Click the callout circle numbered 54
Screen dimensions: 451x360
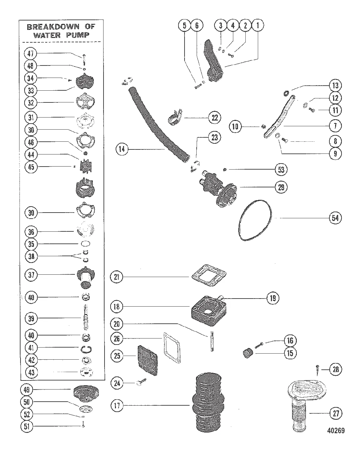click(335, 218)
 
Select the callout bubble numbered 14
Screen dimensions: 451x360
click(122, 149)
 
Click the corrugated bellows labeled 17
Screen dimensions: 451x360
click(208, 406)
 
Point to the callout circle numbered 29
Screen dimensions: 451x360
click(281, 187)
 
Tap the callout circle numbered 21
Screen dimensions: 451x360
click(117, 277)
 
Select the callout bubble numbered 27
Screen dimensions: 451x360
click(336, 414)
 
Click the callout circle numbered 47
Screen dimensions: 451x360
click(31, 53)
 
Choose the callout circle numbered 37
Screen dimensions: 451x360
click(31, 275)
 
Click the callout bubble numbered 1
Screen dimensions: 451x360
click(258, 25)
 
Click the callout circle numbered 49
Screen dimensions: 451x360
click(26, 390)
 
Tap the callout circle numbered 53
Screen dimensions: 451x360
click(281, 170)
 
